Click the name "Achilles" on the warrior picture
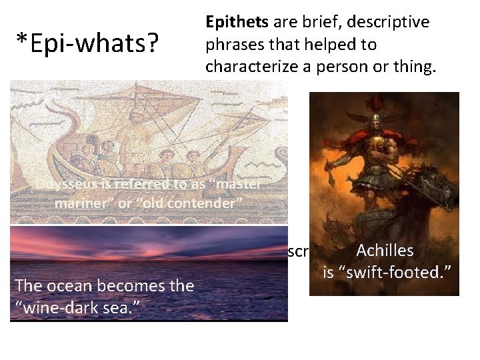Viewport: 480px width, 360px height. (x=385, y=251)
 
